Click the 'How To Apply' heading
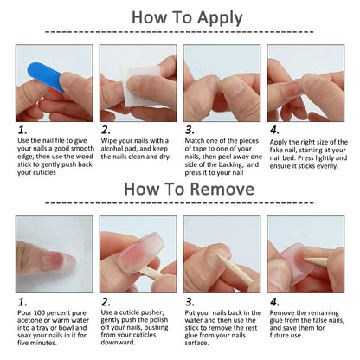click(180, 16)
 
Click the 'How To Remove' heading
click(180, 188)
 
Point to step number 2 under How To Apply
click(105, 130)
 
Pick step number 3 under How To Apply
click(190, 130)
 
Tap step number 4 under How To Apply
click(274, 130)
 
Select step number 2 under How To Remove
click(105, 302)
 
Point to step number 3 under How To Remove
click(190, 302)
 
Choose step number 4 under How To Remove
click(274, 302)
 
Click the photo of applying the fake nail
click(305, 83)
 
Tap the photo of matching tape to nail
click(222, 83)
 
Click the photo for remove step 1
click(53, 254)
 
